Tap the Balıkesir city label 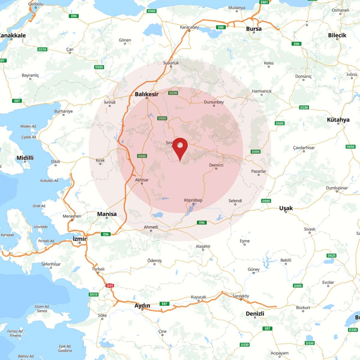[x=146, y=94]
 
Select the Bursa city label [x=254, y=29]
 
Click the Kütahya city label [x=338, y=120]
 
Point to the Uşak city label [x=286, y=208]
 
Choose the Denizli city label [x=255, y=313]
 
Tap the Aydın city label [x=142, y=305]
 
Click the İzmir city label [x=79, y=239]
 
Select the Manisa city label [x=107, y=214]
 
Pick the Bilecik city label [x=337, y=35]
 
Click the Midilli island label [x=25, y=158]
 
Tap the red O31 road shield [x=110, y=286]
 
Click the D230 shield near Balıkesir [x=173, y=93]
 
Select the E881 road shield [x=264, y=2]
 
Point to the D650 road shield [x=350, y=147]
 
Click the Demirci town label [x=216, y=165]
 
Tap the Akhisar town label [x=142, y=180]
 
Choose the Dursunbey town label [x=214, y=102]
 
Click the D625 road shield [x=331, y=256]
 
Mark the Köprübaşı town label [x=193, y=200]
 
